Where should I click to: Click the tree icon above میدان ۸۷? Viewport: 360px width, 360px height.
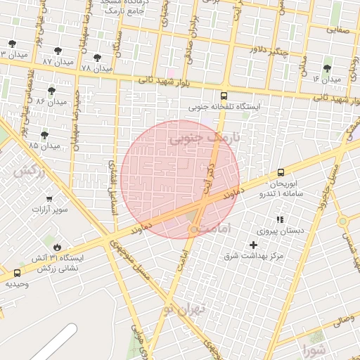(x=58, y=51)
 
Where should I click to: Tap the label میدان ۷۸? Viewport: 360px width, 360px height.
(x=96, y=69)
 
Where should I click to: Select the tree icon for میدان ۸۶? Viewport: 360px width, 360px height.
(x=51, y=91)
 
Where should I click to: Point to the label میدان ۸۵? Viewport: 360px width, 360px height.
(x=44, y=146)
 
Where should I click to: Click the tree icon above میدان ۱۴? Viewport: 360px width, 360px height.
(x=327, y=68)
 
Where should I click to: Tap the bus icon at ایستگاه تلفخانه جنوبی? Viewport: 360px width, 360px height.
(x=224, y=96)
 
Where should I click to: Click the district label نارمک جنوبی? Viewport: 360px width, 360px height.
(x=205, y=139)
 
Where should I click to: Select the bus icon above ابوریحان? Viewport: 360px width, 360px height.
(x=281, y=172)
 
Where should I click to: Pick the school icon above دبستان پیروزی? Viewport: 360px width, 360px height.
(x=280, y=219)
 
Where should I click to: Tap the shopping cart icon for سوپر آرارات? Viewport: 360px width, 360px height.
(x=50, y=200)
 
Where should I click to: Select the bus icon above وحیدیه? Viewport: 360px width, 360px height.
(x=17, y=273)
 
